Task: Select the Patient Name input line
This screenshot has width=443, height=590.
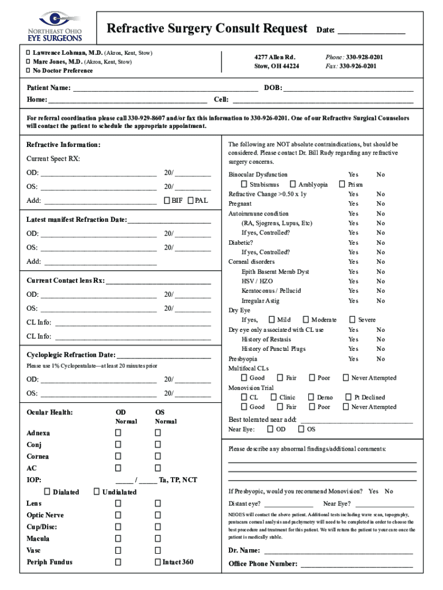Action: tap(165, 88)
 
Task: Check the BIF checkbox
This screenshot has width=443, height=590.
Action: tap(167, 201)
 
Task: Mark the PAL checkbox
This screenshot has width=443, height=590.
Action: tap(191, 201)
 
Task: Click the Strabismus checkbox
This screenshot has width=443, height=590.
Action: tap(245, 184)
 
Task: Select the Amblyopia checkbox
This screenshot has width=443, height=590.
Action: tap(293, 184)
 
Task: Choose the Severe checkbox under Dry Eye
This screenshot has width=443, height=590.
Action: tap(352, 320)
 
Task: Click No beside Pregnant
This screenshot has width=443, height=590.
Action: tap(380, 204)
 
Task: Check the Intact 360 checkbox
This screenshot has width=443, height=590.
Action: tap(158, 562)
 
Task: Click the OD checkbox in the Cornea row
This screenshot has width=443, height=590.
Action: tap(118, 456)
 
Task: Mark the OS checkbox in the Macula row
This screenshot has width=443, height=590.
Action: tap(158, 539)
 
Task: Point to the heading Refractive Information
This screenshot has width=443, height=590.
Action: tap(63, 145)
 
